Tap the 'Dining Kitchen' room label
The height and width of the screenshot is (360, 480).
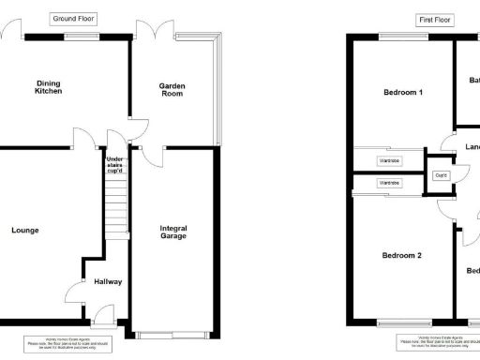point(49,86)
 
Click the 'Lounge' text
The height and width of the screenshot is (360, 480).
point(25,230)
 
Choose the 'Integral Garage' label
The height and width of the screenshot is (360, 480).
point(173,232)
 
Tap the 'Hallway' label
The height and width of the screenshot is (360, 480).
point(108,281)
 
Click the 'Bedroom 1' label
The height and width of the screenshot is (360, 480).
point(403,93)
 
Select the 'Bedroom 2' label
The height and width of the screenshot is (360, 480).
point(401,255)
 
